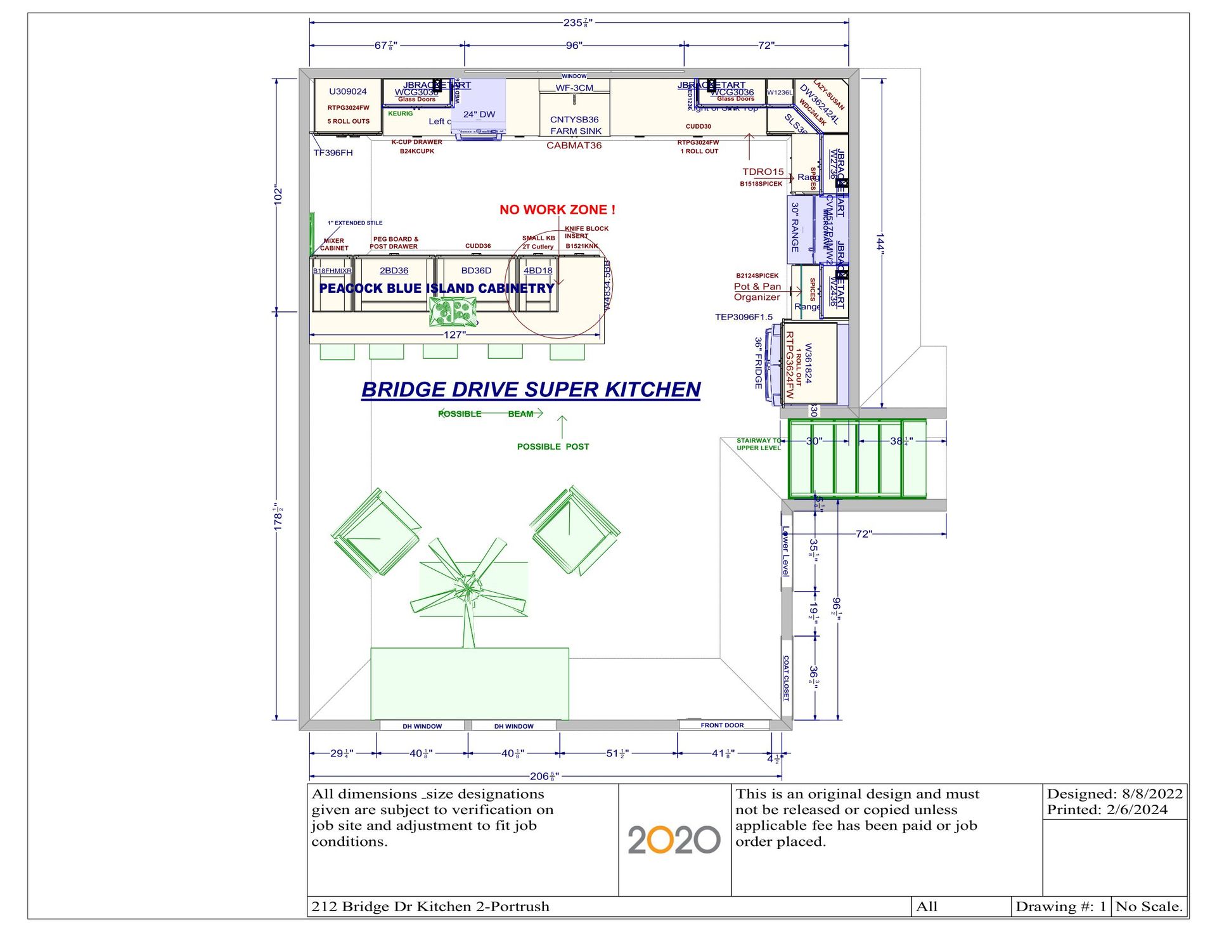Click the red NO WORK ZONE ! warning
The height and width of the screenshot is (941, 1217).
pyautogui.click(x=557, y=210)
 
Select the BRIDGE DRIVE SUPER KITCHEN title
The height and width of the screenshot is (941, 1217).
pyautogui.click(x=531, y=389)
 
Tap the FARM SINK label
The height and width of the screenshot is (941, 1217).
pyautogui.click(x=576, y=131)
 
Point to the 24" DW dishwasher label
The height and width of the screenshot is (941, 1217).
pyautogui.click(x=479, y=115)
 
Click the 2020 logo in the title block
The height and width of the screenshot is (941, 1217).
pyautogui.click(x=674, y=840)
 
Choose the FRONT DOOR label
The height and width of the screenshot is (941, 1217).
pyautogui.click(x=722, y=725)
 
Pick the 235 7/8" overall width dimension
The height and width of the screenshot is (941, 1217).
pyautogui.click(x=577, y=23)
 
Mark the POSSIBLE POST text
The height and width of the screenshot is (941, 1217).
pyautogui.click(x=553, y=447)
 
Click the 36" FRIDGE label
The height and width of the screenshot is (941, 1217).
pyautogui.click(x=758, y=363)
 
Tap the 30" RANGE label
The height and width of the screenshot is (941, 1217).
pyautogui.click(x=795, y=227)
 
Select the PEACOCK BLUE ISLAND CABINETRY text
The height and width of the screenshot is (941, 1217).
pyautogui.click(x=437, y=289)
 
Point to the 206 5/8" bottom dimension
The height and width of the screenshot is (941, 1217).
pyautogui.click(x=544, y=776)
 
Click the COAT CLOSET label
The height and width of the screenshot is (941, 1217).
pyautogui.click(x=786, y=678)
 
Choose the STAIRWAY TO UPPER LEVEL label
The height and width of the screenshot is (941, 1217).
pyautogui.click(x=758, y=444)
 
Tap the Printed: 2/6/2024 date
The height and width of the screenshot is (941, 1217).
pyautogui.click(x=1107, y=810)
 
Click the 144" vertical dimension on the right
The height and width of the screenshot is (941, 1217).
pyautogui.click(x=880, y=242)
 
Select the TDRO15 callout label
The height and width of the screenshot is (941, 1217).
pyautogui.click(x=763, y=172)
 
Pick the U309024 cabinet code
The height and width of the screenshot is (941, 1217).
pyautogui.click(x=347, y=91)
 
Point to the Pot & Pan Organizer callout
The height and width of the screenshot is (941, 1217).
pyautogui.click(x=757, y=292)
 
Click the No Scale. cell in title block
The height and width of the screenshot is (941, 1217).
pyautogui.click(x=1149, y=907)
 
